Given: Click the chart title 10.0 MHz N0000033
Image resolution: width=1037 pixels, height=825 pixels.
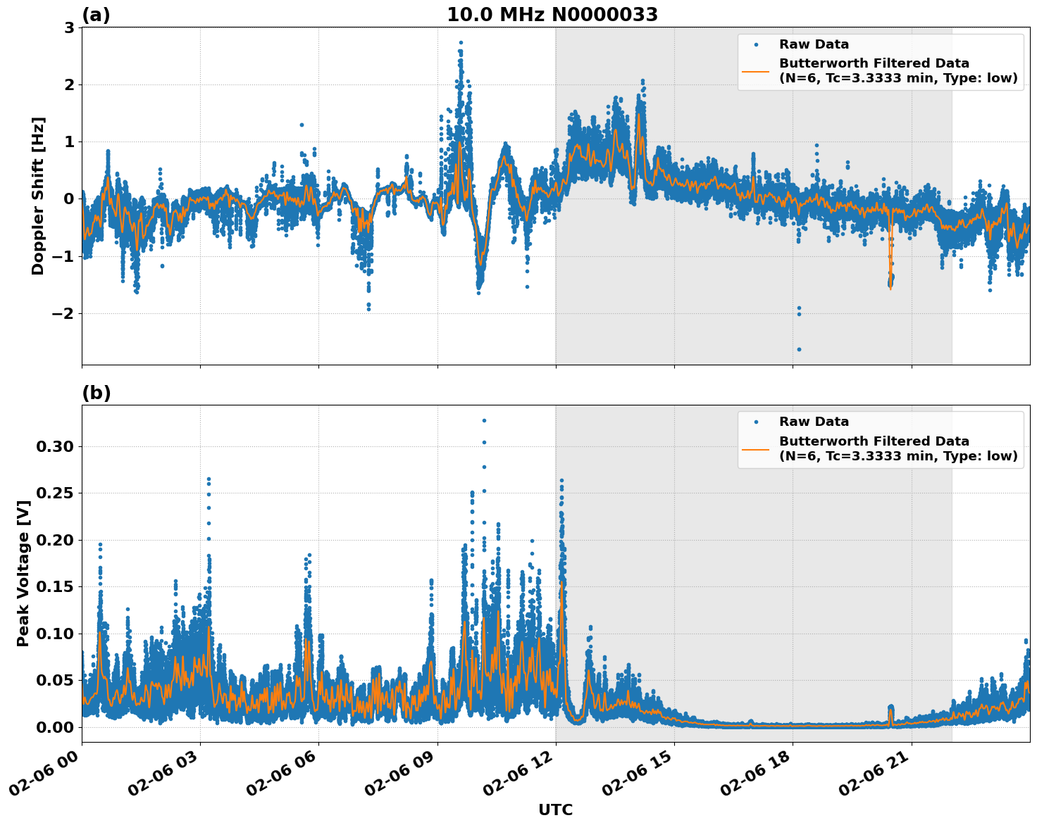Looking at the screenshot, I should tap(552, 15).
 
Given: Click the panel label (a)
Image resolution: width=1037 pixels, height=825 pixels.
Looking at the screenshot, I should tap(97, 15).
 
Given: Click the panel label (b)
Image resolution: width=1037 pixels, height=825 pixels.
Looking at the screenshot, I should tap(97, 393).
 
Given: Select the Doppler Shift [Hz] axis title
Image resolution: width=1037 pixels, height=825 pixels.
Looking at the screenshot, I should tap(38, 196).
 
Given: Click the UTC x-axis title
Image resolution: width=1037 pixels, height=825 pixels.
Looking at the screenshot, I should tap(555, 810).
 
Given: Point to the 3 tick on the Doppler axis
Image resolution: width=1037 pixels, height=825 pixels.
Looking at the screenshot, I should tap(69, 27).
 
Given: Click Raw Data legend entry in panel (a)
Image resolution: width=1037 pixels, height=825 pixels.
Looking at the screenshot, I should tap(814, 44).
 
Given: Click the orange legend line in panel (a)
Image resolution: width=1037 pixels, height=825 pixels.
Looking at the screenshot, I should tap(756, 71).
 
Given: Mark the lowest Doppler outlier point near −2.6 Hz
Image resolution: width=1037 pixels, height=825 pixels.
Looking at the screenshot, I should tap(799, 349).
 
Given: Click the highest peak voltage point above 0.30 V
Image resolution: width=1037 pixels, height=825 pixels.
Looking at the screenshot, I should tap(484, 420).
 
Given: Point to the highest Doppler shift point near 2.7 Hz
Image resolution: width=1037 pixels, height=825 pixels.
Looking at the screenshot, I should tap(461, 42).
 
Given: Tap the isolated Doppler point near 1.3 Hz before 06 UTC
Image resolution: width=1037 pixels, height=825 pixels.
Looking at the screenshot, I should tap(302, 125).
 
